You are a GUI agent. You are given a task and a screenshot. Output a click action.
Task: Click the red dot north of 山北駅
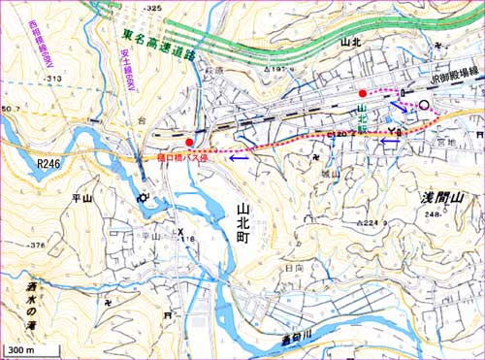pyautogui.click(x=363, y=93)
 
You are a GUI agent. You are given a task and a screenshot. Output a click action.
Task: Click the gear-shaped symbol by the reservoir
pyautogui.click(x=145, y=197)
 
